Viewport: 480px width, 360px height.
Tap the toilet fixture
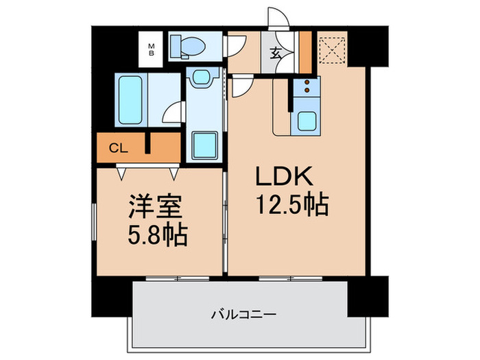(x=189, y=46)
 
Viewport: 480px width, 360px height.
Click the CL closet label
(x=119, y=148)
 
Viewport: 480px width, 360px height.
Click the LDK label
(x=285, y=178)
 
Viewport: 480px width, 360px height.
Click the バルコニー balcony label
(x=243, y=315)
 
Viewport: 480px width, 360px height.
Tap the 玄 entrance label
(x=274, y=51)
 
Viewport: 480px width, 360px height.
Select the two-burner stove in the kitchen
(x=305, y=86)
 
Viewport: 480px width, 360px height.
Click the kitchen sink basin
(x=305, y=122)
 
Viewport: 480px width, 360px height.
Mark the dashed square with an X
(x=333, y=49)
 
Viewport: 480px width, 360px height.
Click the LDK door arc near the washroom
(x=241, y=86)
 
